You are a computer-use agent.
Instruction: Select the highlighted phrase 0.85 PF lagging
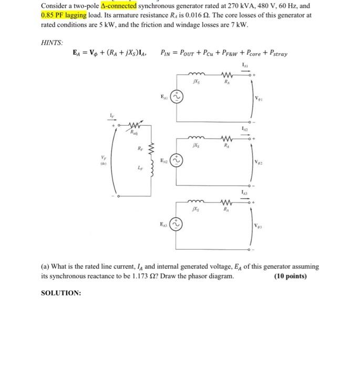pyautogui.click(x=63, y=15)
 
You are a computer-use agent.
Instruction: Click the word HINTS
pyautogui.click(x=51, y=42)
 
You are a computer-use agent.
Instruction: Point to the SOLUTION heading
pyautogui.click(x=61, y=293)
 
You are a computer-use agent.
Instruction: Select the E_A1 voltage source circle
pyautogui.click(x=177, y=98)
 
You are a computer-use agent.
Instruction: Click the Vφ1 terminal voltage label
pyautogui.click(x=259, y=98)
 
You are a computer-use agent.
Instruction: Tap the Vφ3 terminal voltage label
pyautogui.click(x=259, y=226)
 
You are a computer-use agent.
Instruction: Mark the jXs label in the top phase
pyautogui.click(x=197, y=83)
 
